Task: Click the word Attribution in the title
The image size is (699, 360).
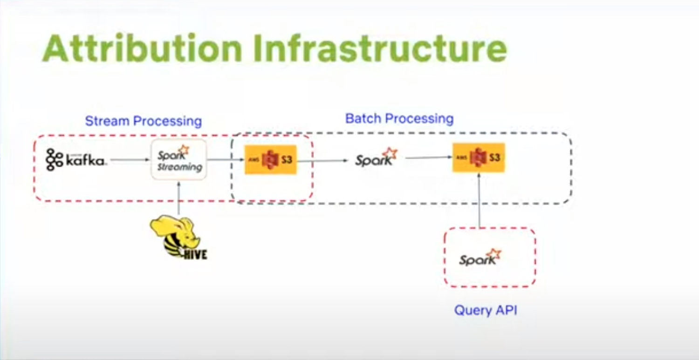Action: pos(143,49)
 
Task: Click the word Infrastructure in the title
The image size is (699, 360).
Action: pos(380,49)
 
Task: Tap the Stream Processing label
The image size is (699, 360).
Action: pos(144,122)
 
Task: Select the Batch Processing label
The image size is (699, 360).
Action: pos(399,119)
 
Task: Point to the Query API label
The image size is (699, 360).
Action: pos(486,310)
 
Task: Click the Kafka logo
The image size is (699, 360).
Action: pos(76,160)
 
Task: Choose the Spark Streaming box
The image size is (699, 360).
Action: pos(179,159)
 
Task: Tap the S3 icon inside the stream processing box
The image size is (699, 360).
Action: pos(271,160)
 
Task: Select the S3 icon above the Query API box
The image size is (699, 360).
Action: pos(479,157)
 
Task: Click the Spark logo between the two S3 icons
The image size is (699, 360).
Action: pos(377,157)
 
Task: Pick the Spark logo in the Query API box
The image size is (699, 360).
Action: pos(480,258)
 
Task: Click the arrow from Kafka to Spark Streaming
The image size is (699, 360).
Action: pos(130,160)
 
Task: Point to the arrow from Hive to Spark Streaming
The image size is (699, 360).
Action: pos(179,198)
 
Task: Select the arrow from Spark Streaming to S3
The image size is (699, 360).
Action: pos(226,160)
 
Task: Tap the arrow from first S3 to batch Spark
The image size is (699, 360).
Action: pos(322,161)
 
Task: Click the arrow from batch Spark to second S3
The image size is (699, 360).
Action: pos(429,157)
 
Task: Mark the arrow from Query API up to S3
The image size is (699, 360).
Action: pos(479,200)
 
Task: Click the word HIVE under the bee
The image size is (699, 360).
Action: pos(195,254)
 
